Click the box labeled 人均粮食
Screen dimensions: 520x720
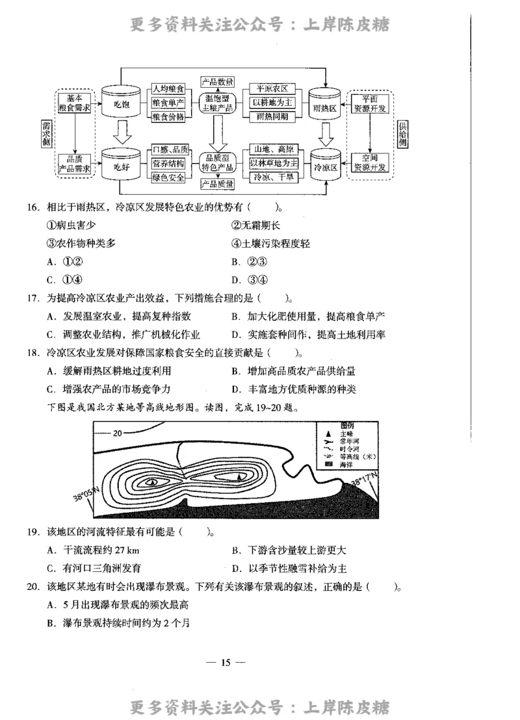[x=168, y=88]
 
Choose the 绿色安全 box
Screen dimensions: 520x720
[x=168, y=177]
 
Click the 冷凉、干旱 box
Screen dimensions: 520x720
[x=274, y=177]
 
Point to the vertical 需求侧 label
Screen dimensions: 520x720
[x=46, y=134]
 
